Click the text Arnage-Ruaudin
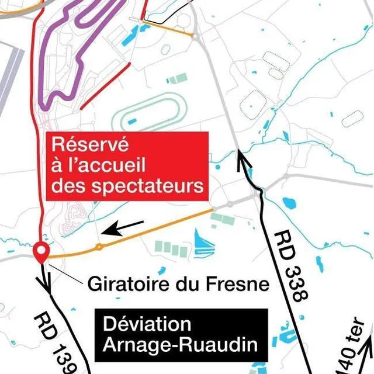(180, 345)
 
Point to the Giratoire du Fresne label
(178, 285)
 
